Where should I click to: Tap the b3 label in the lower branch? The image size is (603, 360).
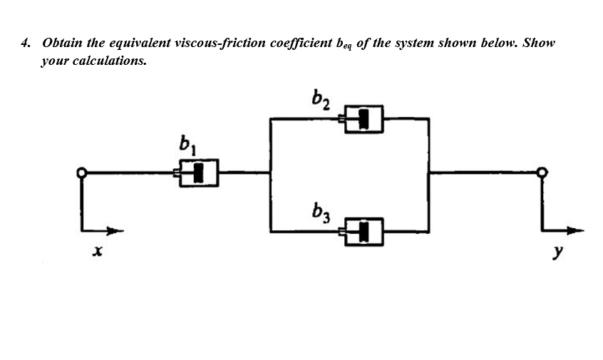click(x=321, y=211)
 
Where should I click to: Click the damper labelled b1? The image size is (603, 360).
click(x=197, y=172)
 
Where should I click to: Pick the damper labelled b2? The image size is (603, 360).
click(x=364, y=118)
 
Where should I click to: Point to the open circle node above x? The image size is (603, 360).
click(x=83, y=172)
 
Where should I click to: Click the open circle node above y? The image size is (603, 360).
click(x=543, y=172)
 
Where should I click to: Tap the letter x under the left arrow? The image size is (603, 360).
click(x=98, y=252)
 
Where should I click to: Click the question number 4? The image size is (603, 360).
click(x=26, y=43)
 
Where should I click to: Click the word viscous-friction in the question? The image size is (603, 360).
click(x=215, y=43)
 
